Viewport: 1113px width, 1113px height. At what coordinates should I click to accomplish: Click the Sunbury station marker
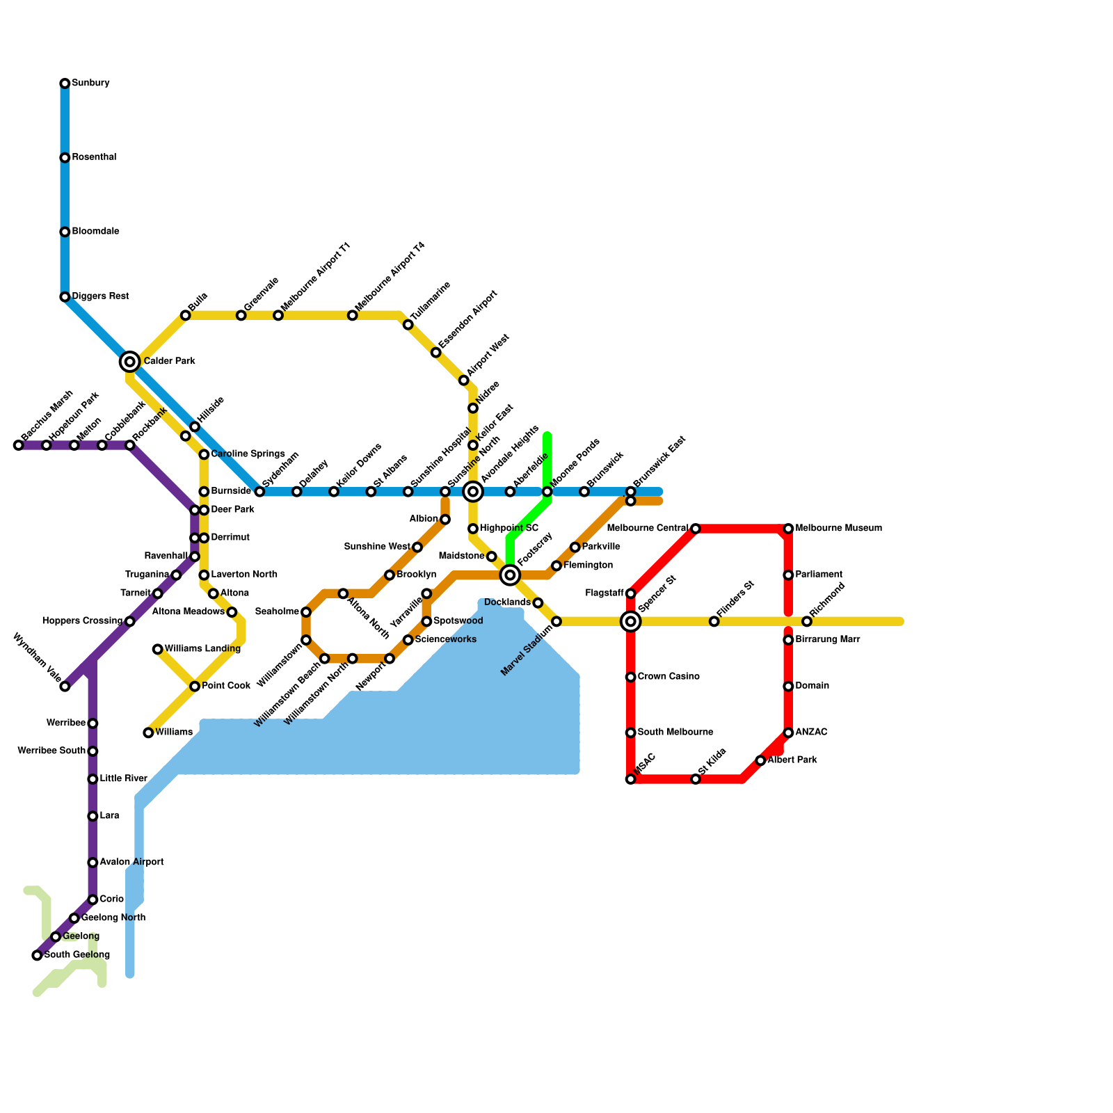[x=65, y=83]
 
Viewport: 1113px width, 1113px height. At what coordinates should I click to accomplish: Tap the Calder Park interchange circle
[x=129, y=362]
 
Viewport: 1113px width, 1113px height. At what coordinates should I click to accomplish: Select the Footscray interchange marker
[x=510, y=575]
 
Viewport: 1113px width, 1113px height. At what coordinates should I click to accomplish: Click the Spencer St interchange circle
[x=631, y=621]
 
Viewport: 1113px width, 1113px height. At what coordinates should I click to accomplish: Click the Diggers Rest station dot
[x=65, y=297]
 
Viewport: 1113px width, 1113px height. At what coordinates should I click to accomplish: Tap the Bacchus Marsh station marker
[x=19, y=445]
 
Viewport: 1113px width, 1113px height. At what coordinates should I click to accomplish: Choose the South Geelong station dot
[x=37, y=956]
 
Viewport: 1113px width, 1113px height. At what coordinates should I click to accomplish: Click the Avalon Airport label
[x=131, y=863]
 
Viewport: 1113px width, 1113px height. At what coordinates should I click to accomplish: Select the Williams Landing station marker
[x=158, y=649]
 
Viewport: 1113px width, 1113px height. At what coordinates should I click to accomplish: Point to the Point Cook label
[x=226, y=687]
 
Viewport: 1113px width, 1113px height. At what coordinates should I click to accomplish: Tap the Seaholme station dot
[x=306, y=612]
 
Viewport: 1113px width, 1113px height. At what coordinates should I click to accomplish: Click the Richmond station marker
[x=807, y=621]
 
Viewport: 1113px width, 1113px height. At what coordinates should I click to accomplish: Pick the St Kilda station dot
[x=696, y=779]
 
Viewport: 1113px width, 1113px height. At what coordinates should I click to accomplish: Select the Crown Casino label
[x=668, y=677]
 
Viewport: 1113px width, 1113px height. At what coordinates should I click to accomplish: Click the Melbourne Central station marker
[x=696, y=529]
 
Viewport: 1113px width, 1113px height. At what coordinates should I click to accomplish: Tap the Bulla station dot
[x=186, y=316]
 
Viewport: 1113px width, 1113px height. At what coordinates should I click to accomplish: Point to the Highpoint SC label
[x=509, y=529]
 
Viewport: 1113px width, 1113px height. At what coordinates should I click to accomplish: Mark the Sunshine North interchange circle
[x=473, y=492]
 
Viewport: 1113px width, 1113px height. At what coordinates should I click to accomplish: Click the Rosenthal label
[x=94, y=158]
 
